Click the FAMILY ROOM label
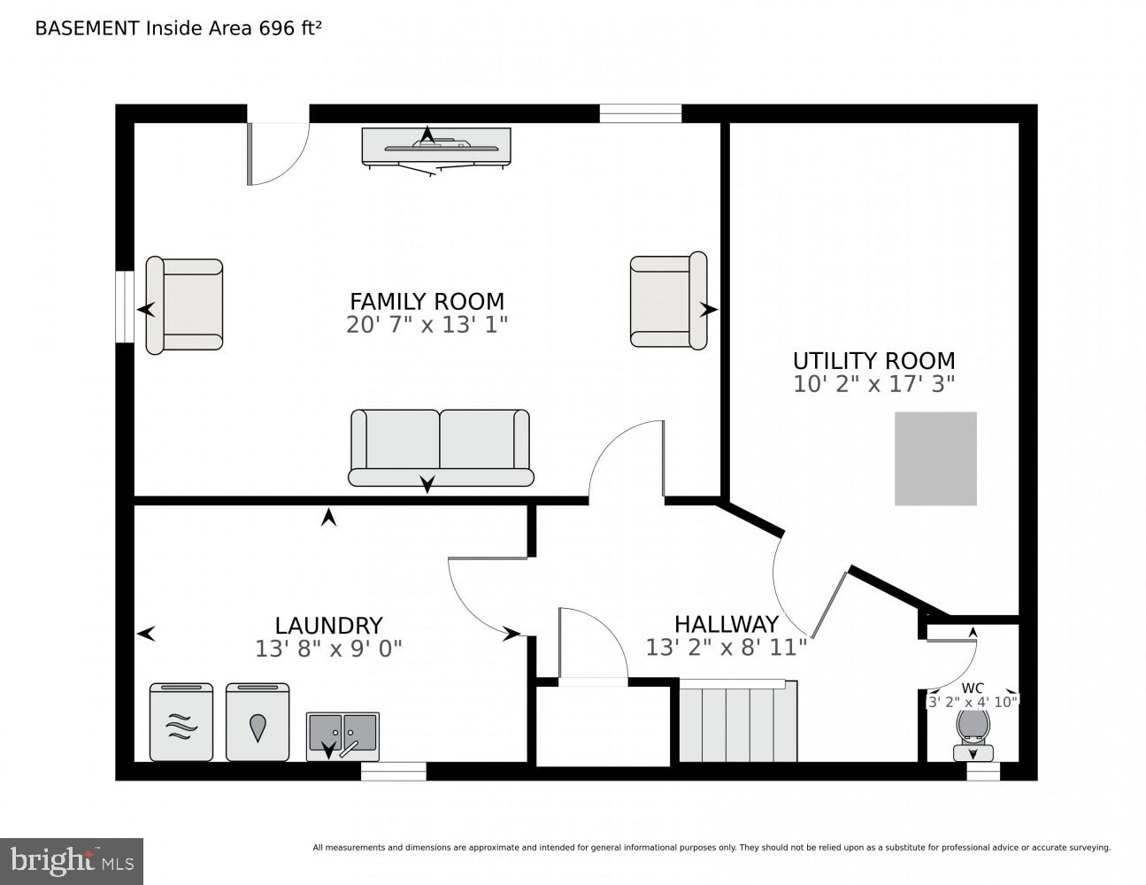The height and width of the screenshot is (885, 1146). tap(427, 301)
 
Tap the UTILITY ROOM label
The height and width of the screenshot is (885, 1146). tap(873, 361)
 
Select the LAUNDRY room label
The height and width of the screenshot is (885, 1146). tap(328, 626)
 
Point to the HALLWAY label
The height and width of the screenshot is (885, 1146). tap(726, 624)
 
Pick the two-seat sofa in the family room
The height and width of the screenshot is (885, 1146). tap(441, 447)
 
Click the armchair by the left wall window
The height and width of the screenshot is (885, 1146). tap(185, 306)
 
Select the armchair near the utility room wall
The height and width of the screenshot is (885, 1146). tap(668, 301)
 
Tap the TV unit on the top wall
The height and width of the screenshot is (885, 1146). tap(435, 147)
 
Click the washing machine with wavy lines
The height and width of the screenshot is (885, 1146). tap(181, 722)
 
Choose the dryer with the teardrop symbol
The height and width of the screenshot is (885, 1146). tap(258, 722)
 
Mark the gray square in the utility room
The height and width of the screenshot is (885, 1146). tap(935, 458)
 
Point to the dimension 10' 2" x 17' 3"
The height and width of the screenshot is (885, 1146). tap(873, 385)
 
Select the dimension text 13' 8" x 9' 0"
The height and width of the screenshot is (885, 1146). tap(328, 649)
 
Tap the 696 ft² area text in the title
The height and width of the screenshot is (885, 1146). tap(289, 27)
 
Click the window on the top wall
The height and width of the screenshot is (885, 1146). tap(640, 113)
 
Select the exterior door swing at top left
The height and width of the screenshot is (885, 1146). tap(277, 150)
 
